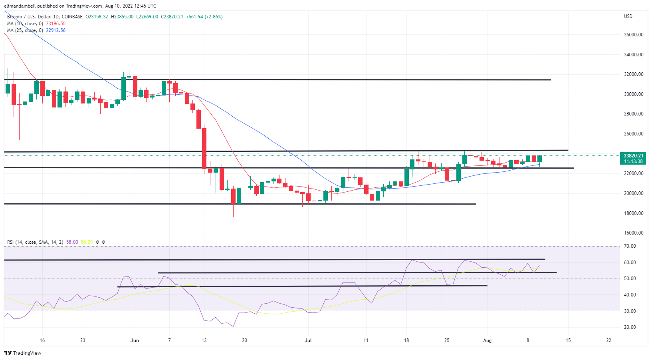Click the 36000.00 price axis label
point(634,35)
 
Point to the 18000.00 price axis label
point(634,213)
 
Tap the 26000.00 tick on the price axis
point(634,134)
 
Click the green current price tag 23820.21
point(633,156)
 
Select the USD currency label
point(628,16)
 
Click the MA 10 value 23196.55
point(55,24)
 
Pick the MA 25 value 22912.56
point(55,30)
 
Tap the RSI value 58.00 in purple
point(72,242)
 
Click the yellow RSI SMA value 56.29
point(87,242)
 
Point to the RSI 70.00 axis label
point(630,246)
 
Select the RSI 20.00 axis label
point(630,327)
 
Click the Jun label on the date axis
point(135,340)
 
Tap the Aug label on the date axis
point(487,340)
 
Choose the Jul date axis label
point(308,340)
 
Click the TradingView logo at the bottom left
point(23,353)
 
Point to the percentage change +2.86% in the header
point(214,17)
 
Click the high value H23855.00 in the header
point(122,17)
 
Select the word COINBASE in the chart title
point(72,17)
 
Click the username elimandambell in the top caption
point(20,6)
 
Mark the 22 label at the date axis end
point(608,340)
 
